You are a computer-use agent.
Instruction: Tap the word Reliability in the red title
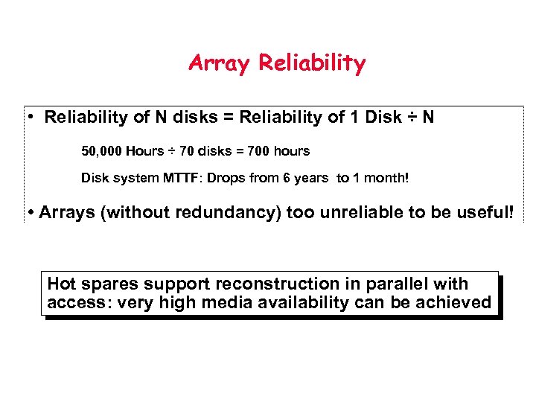coord(312,63)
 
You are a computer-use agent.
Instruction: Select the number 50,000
coord(101,151)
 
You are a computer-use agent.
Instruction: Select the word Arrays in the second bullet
coord(66,212)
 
